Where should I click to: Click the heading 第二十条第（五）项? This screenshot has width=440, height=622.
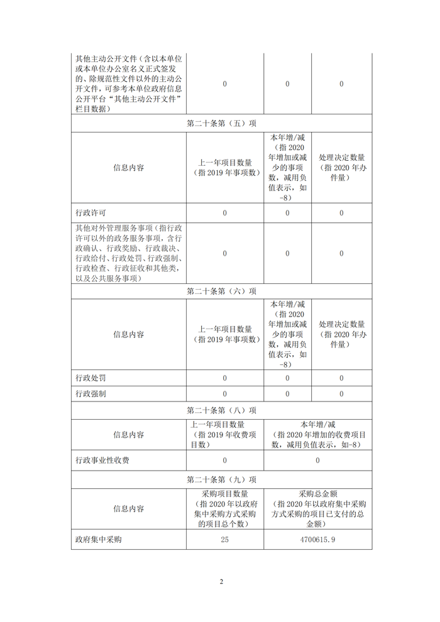coord(221,124)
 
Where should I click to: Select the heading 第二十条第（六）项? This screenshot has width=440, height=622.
coord(221,291)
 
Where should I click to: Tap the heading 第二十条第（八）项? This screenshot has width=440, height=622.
coord(221,410)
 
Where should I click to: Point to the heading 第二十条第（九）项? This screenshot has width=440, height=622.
coord(221,479)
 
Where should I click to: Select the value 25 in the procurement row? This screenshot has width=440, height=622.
coord(225,540)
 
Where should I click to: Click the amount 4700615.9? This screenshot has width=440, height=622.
coord(317,540)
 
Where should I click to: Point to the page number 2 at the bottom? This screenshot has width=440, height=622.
coord(221,581)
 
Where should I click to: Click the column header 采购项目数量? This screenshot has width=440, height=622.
coord(225,494)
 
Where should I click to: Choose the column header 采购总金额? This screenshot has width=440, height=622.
coord(317,494)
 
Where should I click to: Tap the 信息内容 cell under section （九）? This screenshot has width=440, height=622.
coord(129,509)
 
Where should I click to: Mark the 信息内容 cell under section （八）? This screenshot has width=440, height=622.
coord(129,435)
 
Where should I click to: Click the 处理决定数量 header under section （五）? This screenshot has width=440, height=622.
coord(342,168)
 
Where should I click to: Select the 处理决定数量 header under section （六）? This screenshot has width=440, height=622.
coord(342,334)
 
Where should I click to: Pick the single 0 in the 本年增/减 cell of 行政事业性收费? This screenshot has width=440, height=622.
coord(317,461)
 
